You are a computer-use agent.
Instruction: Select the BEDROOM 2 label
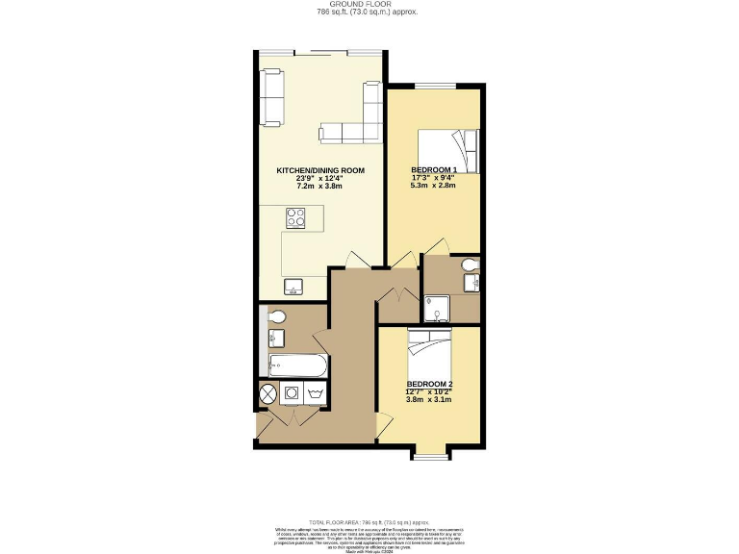tap(429, 385)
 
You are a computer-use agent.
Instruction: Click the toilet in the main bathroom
tap(274, 316)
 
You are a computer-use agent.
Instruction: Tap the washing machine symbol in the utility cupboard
tap(291, 393)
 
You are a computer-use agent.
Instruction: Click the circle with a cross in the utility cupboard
tap(268, 393)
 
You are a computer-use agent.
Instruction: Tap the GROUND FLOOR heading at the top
tap(369, 5)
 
